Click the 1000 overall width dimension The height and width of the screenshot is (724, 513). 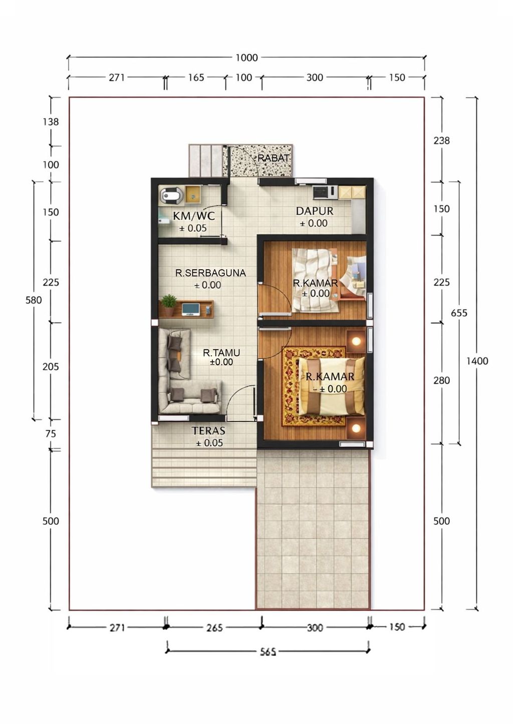click(246, 58)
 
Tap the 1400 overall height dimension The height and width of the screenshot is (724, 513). click(477, 361)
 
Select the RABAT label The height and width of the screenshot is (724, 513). click(274, 158)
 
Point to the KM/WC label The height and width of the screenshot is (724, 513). click(194, 216)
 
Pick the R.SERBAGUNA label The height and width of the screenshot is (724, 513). click(210, 273)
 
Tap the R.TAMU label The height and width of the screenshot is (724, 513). click(221, 353)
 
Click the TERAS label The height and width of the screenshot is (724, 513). click(208, 430)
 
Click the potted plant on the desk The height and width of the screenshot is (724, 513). click(168, 305)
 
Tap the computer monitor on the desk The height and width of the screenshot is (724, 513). click(191, 309)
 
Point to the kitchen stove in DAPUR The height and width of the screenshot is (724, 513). click(321, 192)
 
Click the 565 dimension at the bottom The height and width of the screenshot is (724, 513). click(268, 652)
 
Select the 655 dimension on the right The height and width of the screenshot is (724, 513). click(459, 313)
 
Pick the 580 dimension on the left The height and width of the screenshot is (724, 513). click(34, 300)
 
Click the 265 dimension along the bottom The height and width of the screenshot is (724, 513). click(214, 627)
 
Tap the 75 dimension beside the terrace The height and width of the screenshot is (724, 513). click(51, 434)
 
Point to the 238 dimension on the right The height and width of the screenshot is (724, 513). click(441, 141)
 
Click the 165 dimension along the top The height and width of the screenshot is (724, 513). click(196, 78)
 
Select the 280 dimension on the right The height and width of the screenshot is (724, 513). click(441, 380)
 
